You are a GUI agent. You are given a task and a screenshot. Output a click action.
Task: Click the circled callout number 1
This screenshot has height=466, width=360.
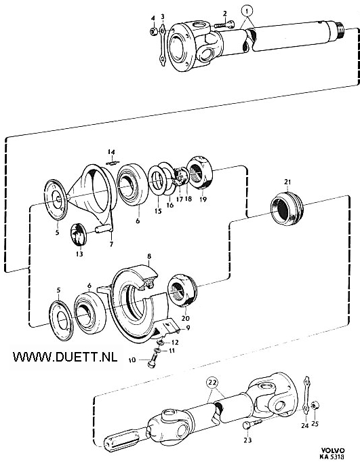pos(248,12)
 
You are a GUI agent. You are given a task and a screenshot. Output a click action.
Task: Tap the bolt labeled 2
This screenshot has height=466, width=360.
pos(224,25)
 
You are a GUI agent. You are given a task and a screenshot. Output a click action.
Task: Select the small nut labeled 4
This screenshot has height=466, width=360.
pos(153,31)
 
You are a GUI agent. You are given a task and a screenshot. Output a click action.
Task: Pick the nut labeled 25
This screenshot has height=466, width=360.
pos(315,406)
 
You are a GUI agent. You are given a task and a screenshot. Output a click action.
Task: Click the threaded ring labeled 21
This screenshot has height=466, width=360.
pos(286,209)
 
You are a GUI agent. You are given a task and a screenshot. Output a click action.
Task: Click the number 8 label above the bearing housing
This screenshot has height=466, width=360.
pos(149,256)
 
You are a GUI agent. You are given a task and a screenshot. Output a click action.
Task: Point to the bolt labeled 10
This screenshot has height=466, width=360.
pos(153,358)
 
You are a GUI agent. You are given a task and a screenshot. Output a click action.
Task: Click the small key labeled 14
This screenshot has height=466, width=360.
pos(113,162)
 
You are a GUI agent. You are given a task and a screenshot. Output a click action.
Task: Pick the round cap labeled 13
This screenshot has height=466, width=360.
pos(79,235)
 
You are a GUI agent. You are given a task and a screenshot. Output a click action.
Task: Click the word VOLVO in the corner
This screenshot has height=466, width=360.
pos(332,450)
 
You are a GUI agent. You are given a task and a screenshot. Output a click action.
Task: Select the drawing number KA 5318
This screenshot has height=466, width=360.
pos(332,457)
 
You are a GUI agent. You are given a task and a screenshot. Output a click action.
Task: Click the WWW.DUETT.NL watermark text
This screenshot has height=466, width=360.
pos(65,357)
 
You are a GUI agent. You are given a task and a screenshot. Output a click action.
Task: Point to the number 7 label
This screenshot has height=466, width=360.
pos(111,244)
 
